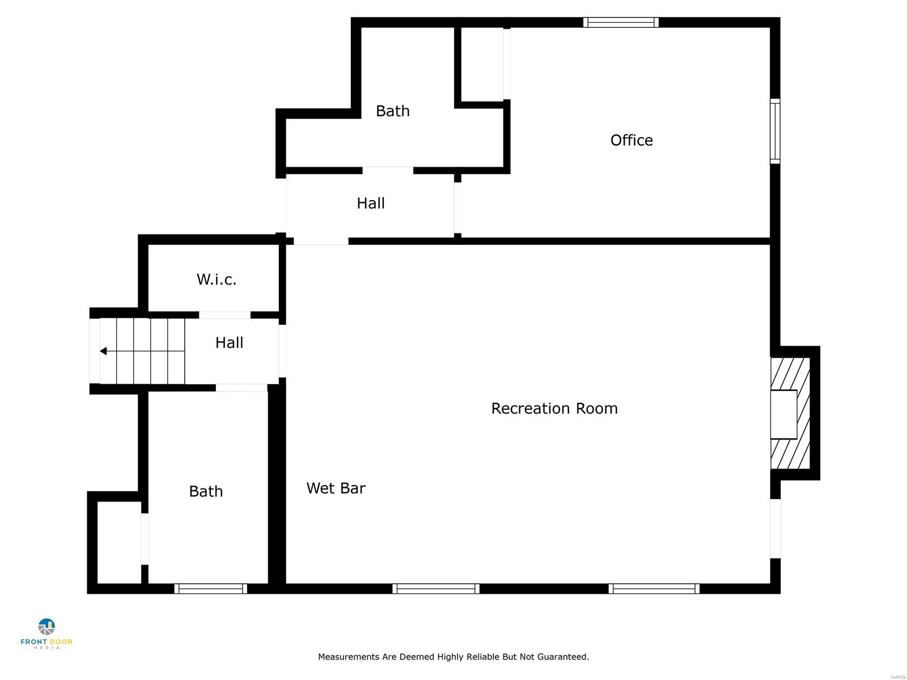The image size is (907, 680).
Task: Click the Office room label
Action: pos(631,140)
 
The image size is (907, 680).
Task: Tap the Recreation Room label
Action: pos(554,408)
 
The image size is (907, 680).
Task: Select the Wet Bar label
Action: pos(336,488)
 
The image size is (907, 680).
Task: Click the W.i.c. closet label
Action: pos(217,279)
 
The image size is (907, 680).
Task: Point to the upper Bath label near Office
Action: pos(392,110)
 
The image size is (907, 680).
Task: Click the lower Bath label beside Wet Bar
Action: pos(206,491)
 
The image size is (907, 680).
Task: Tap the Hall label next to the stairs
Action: pos(229,342)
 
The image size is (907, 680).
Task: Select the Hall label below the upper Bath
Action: pos(371,203)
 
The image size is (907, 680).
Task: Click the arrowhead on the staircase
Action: pos(103,351)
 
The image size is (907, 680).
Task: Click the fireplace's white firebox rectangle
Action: pos(783,414)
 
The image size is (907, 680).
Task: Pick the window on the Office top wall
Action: pos(621,23)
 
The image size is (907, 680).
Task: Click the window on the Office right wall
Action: pos(775,131)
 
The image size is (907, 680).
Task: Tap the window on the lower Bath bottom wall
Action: pos(210,589)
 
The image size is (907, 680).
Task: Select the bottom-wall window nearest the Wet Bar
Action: pos(436,589)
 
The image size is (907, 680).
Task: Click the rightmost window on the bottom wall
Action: pos(654,589)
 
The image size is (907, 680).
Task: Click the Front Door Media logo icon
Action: pos(46,627)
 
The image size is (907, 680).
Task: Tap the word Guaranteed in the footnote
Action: pos(564,657)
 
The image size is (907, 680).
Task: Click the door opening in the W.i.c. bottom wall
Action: pos(224,315)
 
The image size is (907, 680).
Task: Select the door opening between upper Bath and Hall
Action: pos(388,170)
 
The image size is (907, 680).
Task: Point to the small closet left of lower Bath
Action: pos(118,542)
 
